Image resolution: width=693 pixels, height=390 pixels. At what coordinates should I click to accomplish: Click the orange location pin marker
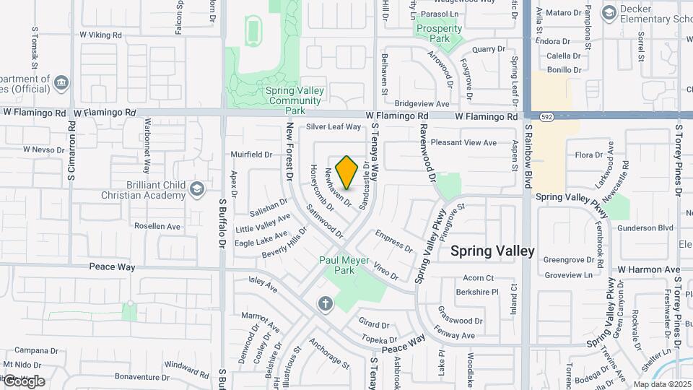[347, 173]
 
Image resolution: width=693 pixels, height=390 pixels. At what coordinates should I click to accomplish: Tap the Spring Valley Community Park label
[295, 100]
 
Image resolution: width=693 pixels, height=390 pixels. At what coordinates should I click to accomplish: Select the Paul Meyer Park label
[344, 265]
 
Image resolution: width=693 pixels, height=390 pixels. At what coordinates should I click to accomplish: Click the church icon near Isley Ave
[325, 303]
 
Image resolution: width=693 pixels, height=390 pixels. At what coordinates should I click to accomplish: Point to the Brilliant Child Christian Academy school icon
[196, 190]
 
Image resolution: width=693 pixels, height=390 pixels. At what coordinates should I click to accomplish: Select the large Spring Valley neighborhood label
[492, 251]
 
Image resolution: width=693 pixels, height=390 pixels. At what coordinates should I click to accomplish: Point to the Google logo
[24, 381]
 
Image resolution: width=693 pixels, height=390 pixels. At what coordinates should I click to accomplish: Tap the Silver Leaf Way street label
[333, 127]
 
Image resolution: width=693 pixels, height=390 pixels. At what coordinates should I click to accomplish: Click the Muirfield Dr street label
[251, 155]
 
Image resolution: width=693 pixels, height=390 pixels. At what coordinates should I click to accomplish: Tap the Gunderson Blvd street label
[645, 228]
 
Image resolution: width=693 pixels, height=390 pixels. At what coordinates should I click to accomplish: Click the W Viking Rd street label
[103, 34]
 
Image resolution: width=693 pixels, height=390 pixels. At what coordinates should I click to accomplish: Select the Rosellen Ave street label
[157, 226]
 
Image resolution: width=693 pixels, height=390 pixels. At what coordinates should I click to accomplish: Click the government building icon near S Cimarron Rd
[61, 83]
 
